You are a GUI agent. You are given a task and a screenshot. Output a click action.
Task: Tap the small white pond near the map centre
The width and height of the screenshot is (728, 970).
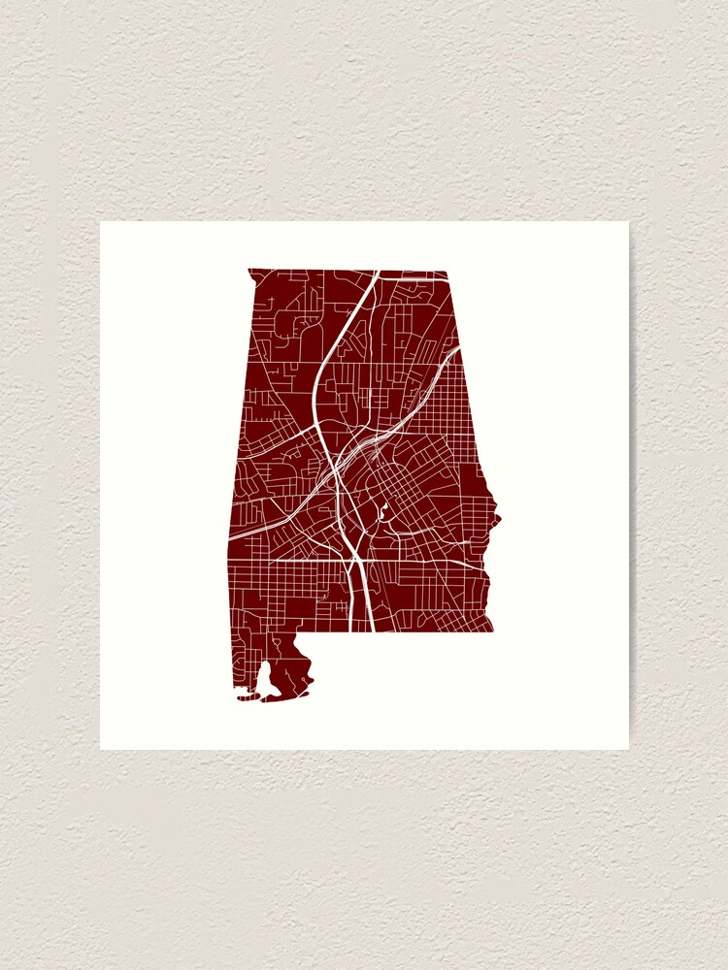(382, 511)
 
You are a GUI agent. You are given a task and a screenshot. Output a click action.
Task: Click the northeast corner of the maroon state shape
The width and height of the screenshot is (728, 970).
(447, 272)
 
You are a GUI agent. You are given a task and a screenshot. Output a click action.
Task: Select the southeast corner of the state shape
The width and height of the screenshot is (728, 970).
(492, 630)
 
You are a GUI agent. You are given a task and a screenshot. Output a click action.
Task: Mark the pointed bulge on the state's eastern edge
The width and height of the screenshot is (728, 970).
(499, 520)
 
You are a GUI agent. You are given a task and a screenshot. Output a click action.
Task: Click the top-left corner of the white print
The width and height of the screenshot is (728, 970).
(100, 222)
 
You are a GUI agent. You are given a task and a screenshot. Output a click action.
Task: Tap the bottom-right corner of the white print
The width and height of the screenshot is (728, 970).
(628, 749)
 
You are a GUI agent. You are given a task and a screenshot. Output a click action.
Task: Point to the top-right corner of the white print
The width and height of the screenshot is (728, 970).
(628, 222)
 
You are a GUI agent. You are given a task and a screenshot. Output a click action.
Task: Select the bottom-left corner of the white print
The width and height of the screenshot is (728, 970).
(100, 749)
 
